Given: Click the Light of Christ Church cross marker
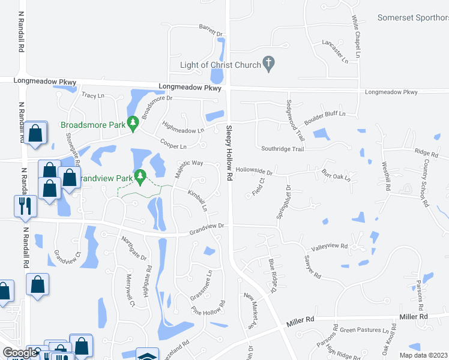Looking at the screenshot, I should [269, 63].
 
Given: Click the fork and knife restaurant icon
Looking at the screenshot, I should [25, 206].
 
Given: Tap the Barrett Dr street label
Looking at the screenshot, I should [211, 31].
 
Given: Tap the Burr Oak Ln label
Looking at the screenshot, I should [335, 173].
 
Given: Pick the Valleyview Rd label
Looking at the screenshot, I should [329, 247].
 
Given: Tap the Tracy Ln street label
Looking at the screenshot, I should [93, 95].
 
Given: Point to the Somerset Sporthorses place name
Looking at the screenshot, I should [413, 18].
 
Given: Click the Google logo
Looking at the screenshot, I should [20, 352].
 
